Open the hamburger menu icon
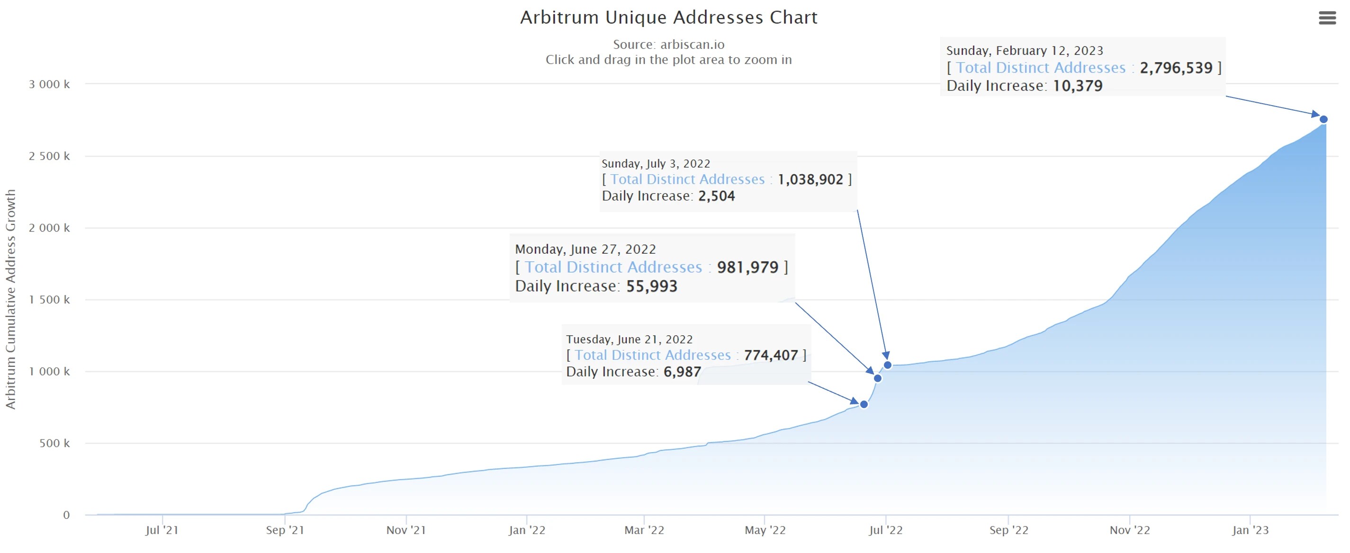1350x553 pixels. pyautogui.click(x=1327, y=18)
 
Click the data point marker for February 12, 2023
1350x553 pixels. pyautogui.click(x=1323, y=119)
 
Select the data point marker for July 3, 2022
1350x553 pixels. pyautogui.click(x=887, y=365)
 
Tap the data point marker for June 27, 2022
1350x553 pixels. pyautogui.click(x=877, y=378)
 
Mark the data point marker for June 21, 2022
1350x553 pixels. pyautogui.click(x=864, y=404)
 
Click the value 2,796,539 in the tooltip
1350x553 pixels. pyautogui.click(x=1176, y=68)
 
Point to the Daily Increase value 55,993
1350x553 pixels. pyautogui.click(x=651, y=286)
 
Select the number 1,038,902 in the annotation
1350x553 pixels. pyautogui.click(x=810, y=179)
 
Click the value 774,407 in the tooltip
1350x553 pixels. pyautogui.click(x=770, y=356)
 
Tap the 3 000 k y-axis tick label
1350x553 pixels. pyautogui.click(x=49, y=84)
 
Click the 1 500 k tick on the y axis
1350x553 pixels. pyautogui.click(x=49, y=300)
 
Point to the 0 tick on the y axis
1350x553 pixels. pyautogui.click(x=66, y=515)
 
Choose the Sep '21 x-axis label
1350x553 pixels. pyautogui.click(x=285, y=530)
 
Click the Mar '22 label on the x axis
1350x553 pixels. pyautogui.click(x=644, y=530)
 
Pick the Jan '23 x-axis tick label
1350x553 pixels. pyautogui.click(x=1250, y=530)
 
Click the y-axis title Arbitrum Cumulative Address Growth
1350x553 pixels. pyautogui.click(x=10, y=299)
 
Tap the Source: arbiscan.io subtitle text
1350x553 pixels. pyautogui.click(x=668, y=45)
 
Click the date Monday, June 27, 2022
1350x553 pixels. pyautogui.click(x=585, y=249)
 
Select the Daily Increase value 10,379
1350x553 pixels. pyautogui.click(x=1078, y=86)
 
